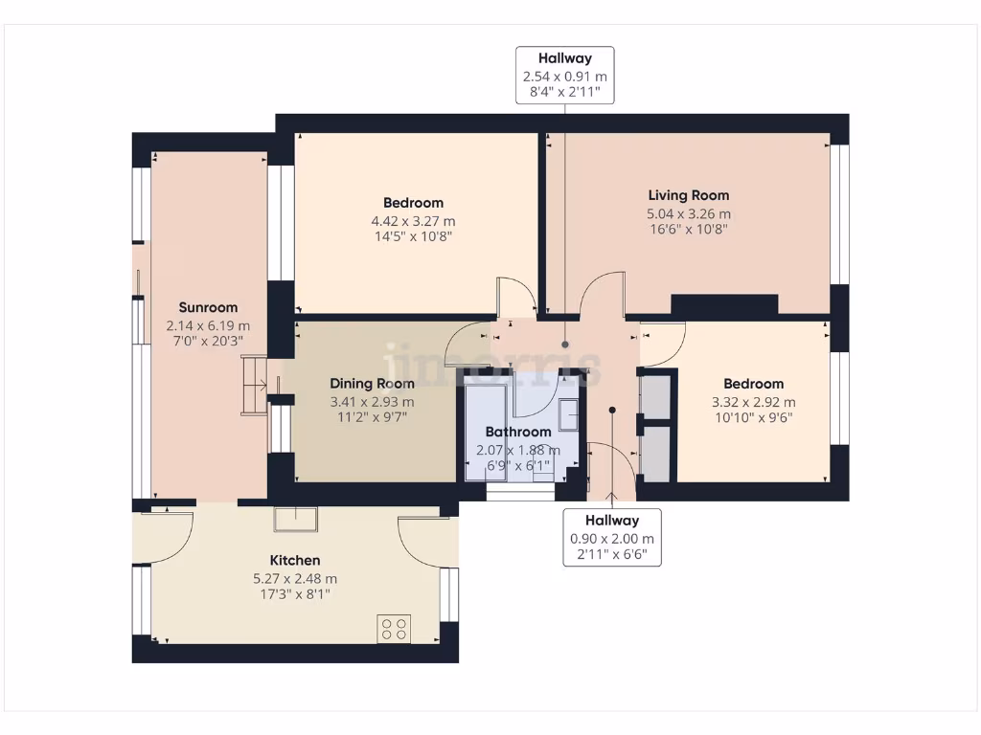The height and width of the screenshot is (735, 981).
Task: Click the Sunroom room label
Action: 208,308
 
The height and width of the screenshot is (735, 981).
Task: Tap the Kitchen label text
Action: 294,560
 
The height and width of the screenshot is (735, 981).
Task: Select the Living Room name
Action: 688,195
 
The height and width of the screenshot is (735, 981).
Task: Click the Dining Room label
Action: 372,384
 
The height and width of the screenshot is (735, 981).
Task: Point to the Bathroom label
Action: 518,432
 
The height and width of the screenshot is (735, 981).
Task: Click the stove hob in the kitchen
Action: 394,628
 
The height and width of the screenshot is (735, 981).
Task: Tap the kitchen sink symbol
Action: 296,518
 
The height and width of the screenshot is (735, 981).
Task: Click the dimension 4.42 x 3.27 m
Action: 413,220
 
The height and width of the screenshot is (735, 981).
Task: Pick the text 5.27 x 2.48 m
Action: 294,578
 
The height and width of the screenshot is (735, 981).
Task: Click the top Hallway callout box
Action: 564,75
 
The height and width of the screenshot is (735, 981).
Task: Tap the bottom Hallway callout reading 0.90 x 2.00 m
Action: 612,537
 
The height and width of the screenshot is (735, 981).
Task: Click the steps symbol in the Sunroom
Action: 254,386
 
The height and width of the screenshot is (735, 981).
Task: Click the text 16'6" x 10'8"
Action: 688,230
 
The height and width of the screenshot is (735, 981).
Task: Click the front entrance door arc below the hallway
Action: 609,469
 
